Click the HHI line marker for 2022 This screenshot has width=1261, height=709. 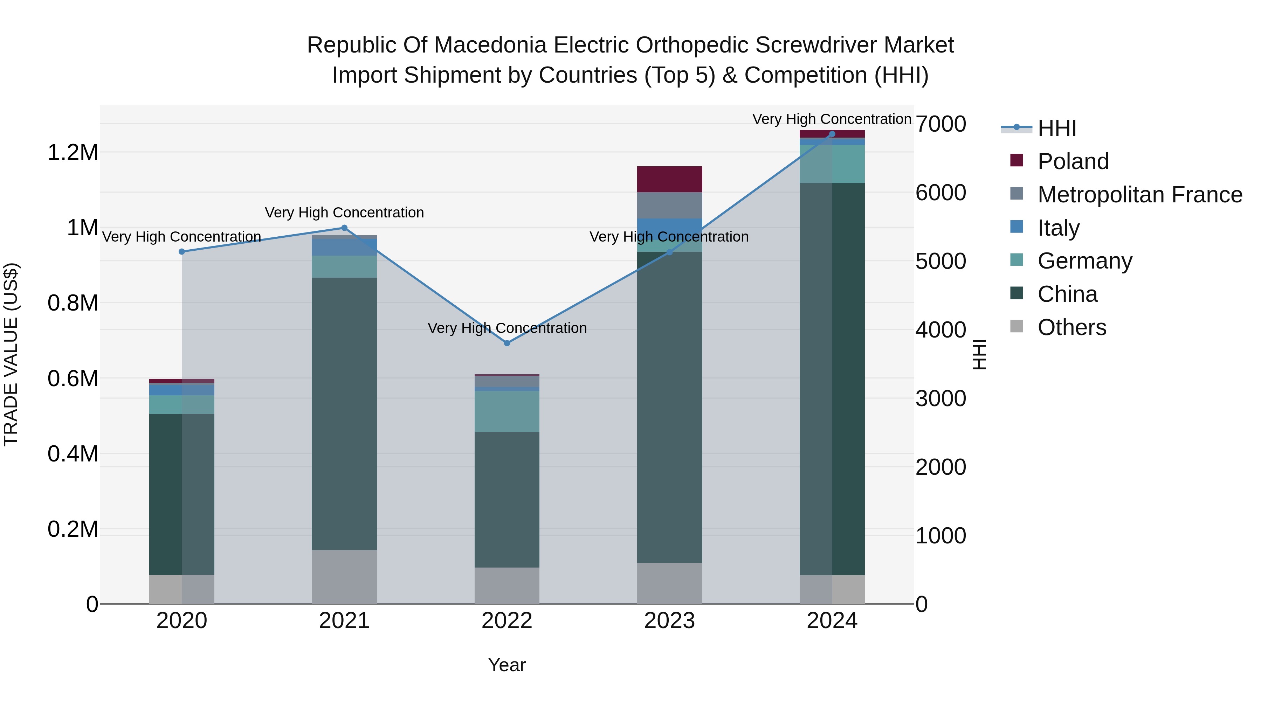(507, 343)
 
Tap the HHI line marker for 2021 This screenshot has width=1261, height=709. (344, 228)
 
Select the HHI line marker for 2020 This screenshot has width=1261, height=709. (181, 251)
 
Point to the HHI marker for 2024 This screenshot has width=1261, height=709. (832, 134)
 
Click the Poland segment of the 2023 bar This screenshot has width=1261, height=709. (669, 179)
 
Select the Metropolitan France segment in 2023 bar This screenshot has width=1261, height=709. (669, 205)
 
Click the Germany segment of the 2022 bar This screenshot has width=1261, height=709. (507, 411)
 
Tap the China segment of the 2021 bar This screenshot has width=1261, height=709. (344, 413)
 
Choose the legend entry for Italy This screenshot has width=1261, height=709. (1058, 228)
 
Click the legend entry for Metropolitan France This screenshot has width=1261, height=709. (1139, 194)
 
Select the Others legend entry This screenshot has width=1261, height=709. (1071, 327)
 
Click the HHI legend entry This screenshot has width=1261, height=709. (1056, 128)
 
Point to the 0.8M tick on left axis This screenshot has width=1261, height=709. (73, 303)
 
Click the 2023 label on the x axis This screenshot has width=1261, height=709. (669, 621)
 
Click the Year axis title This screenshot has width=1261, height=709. (507, 665)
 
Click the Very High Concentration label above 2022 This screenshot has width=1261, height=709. (507, 328)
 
